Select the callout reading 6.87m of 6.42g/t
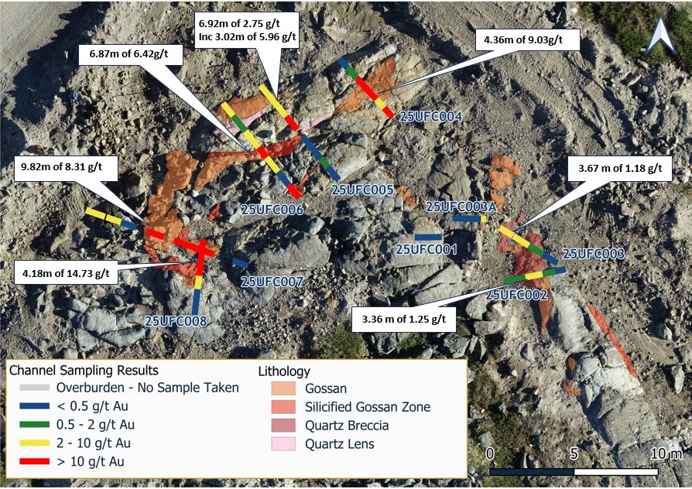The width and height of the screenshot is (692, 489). pos(130,54)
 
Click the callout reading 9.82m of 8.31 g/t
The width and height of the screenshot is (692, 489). pos(66,166)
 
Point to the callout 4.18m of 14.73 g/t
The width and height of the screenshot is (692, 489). pos(66,272)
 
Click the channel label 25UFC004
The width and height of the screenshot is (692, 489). pos(431,117)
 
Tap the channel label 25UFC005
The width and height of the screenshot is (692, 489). pos(363,190)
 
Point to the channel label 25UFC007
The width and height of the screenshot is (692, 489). pos(272,282)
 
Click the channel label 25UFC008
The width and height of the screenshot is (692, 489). pos(176,320)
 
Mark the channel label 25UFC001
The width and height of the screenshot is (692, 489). pos(427,249)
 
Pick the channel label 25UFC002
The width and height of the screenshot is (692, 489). pos(517,294)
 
